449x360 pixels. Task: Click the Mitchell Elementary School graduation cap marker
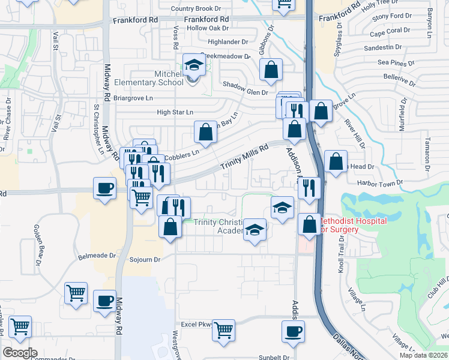coord(194,65)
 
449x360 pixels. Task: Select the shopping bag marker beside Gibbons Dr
coord(271,70)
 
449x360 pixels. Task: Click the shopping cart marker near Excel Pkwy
coord(223,330)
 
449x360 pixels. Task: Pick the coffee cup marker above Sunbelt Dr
coord(293,331)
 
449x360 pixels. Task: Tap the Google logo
coord(20,353)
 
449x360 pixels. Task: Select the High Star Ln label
coord(175,112)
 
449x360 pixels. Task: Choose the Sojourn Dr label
coord(145,260)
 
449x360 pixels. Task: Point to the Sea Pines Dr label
coord(396,62)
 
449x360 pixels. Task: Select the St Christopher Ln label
coord(96,125)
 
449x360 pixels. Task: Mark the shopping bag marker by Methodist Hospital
coord(309,224)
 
